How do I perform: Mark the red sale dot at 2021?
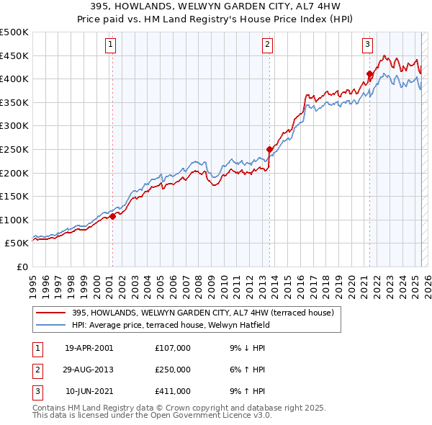tap(369, 73)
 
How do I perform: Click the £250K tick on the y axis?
tap(14, 150)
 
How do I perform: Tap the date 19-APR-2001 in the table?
tap(89, 348)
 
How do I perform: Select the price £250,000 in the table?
tap(173, 370)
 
